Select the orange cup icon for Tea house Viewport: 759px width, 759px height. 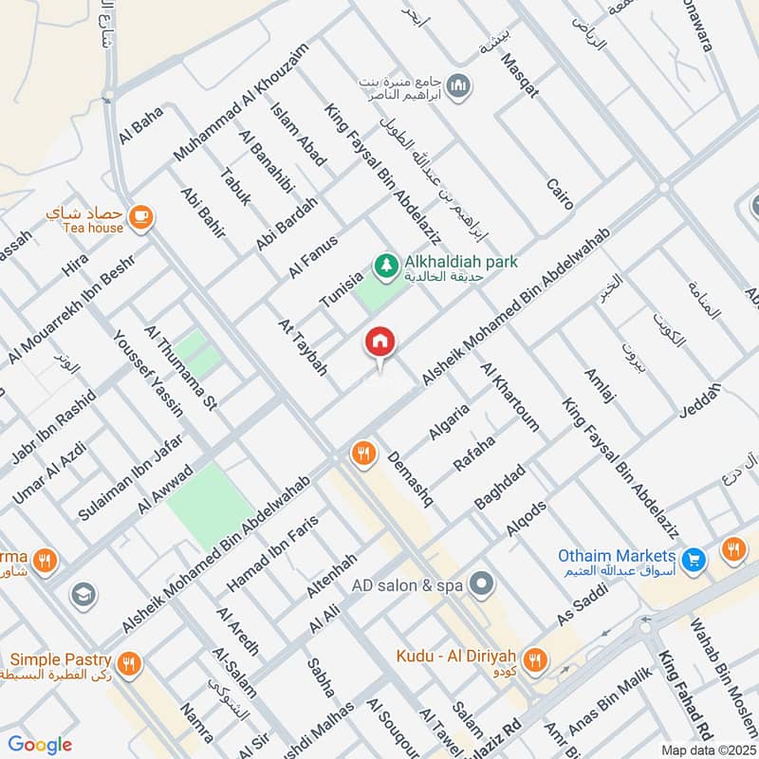pyautogui.click(x=141, y=217)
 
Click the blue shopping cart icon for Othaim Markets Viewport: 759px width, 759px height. pyautogui.click(x=694, y=560)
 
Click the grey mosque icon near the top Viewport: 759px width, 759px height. pyautogui.click(x=458, y=86)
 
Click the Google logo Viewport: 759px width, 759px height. pyautogui.click(x=41, y=744)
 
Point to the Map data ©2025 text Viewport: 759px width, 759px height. pyautogui.click(x=707, y=750)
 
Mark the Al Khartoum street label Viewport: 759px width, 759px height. pyautogui.click(x=510, y=396)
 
